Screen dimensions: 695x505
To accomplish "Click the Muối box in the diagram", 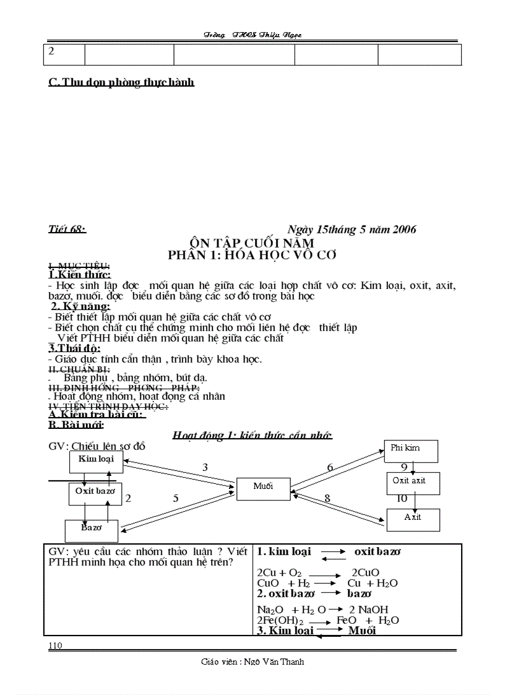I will click(263, 488).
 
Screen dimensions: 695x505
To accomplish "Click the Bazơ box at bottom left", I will click(92, 530).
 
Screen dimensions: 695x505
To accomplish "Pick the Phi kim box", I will click(411, 451).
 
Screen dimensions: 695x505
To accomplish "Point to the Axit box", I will click(413, 519).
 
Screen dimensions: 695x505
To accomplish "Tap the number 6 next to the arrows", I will click(330, 468).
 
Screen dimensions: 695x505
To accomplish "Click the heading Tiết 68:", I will click(67, 230).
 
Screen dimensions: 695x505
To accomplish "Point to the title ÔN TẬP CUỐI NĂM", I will click(252, 242).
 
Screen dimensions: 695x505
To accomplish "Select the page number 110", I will click(55, 645).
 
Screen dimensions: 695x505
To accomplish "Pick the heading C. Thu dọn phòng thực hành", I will click(121, 82).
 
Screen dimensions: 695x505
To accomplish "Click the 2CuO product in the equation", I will click(365, 573).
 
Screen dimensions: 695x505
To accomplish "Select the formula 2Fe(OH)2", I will click(280, 620).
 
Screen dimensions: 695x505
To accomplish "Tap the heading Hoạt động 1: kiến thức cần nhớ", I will click(252, 436).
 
